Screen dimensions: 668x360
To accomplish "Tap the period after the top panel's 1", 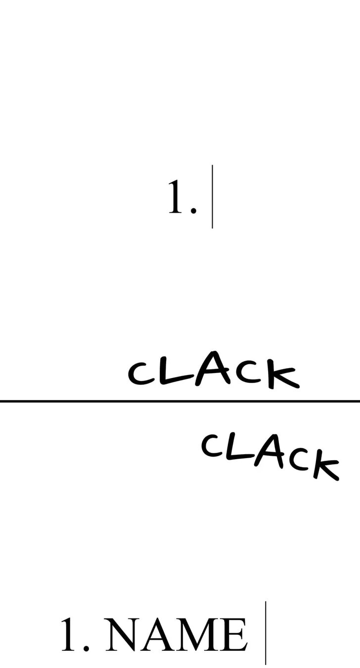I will pyautogui.click(x=193, y=210).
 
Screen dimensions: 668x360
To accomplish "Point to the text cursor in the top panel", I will pyautogui.click(x=213, y=196).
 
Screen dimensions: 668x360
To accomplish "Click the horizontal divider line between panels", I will pyautogui.click(x=180, y=401).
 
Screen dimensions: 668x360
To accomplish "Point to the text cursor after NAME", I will pyautogui.click(x=266, y=633).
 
